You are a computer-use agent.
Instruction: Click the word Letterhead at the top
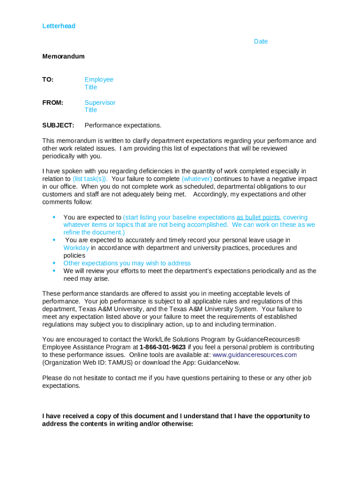58,26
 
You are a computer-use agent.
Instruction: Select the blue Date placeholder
260,42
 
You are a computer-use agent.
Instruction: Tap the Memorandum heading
63,57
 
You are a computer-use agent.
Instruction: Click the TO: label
48,80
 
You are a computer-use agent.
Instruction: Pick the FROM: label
52,102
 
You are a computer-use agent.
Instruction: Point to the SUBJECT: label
58,125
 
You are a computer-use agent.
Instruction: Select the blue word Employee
99,80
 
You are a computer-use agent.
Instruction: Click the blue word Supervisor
100,102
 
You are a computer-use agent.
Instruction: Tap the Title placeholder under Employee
91,87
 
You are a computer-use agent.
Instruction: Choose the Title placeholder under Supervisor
91,110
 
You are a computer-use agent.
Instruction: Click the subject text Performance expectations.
122,125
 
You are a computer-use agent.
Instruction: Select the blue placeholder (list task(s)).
90,179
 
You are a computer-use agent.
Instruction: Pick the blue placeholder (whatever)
196,179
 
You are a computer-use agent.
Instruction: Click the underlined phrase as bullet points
259,218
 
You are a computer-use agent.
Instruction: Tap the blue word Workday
76,248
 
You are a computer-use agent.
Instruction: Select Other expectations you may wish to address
127,263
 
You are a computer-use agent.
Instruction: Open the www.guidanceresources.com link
254,355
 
